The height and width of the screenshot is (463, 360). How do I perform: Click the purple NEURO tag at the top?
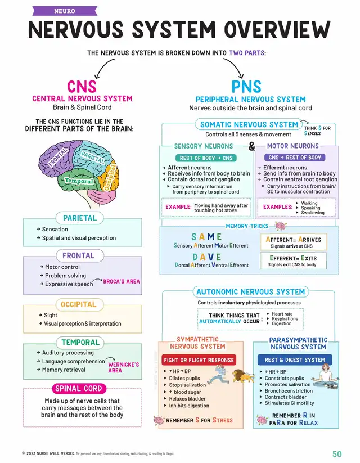coord(64,11)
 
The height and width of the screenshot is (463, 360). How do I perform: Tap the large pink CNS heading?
coord(82,87)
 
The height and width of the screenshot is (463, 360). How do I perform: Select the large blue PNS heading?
coord(246,87)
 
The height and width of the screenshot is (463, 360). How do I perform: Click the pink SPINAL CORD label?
coord(78,388)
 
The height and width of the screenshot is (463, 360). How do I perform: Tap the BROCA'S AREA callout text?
coord(121,281)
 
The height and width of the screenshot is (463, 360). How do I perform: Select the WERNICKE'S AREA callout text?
coord(123,367)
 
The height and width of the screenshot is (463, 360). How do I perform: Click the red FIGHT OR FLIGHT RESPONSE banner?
coord(199,360)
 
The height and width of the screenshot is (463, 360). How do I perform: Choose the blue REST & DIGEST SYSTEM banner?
coord(295,360)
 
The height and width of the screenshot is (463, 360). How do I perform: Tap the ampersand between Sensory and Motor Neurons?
coord(252,146)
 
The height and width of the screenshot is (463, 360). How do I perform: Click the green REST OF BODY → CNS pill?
coord(205,158)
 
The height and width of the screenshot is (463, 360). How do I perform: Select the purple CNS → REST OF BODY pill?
coord(295,158)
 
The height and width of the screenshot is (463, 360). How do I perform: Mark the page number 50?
coord(337,453)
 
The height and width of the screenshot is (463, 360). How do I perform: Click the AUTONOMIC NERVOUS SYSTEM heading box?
coord(250,292)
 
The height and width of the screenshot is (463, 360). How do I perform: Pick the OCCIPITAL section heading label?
coord(79,304)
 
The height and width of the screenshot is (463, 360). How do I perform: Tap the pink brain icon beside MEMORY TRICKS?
coord(280,226)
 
